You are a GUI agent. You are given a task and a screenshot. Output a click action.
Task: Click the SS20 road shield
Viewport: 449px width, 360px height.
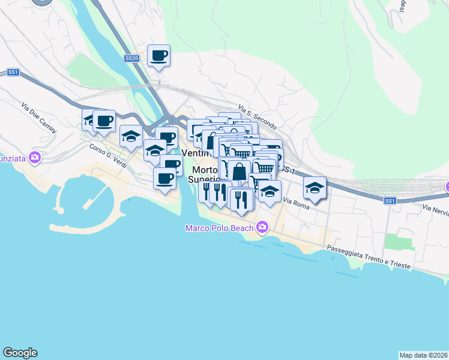point(132,58)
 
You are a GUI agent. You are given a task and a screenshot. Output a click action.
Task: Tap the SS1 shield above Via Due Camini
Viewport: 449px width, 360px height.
point(13,72)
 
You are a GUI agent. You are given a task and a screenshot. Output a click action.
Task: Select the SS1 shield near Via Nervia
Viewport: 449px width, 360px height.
point(391,200)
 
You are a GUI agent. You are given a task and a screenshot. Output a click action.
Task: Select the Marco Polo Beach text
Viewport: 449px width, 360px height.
point(219,227)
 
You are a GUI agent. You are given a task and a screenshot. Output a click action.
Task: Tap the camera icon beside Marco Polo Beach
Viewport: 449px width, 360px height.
point(262,227)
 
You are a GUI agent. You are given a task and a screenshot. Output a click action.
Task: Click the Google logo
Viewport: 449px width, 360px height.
point(20,353)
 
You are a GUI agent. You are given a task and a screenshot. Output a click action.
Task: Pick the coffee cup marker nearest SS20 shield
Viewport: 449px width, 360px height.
point(159,56)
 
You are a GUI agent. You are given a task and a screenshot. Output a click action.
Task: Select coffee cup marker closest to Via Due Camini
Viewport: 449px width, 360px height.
point(104,121)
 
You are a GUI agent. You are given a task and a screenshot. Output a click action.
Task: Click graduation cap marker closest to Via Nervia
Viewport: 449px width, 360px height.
point(315,188)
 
